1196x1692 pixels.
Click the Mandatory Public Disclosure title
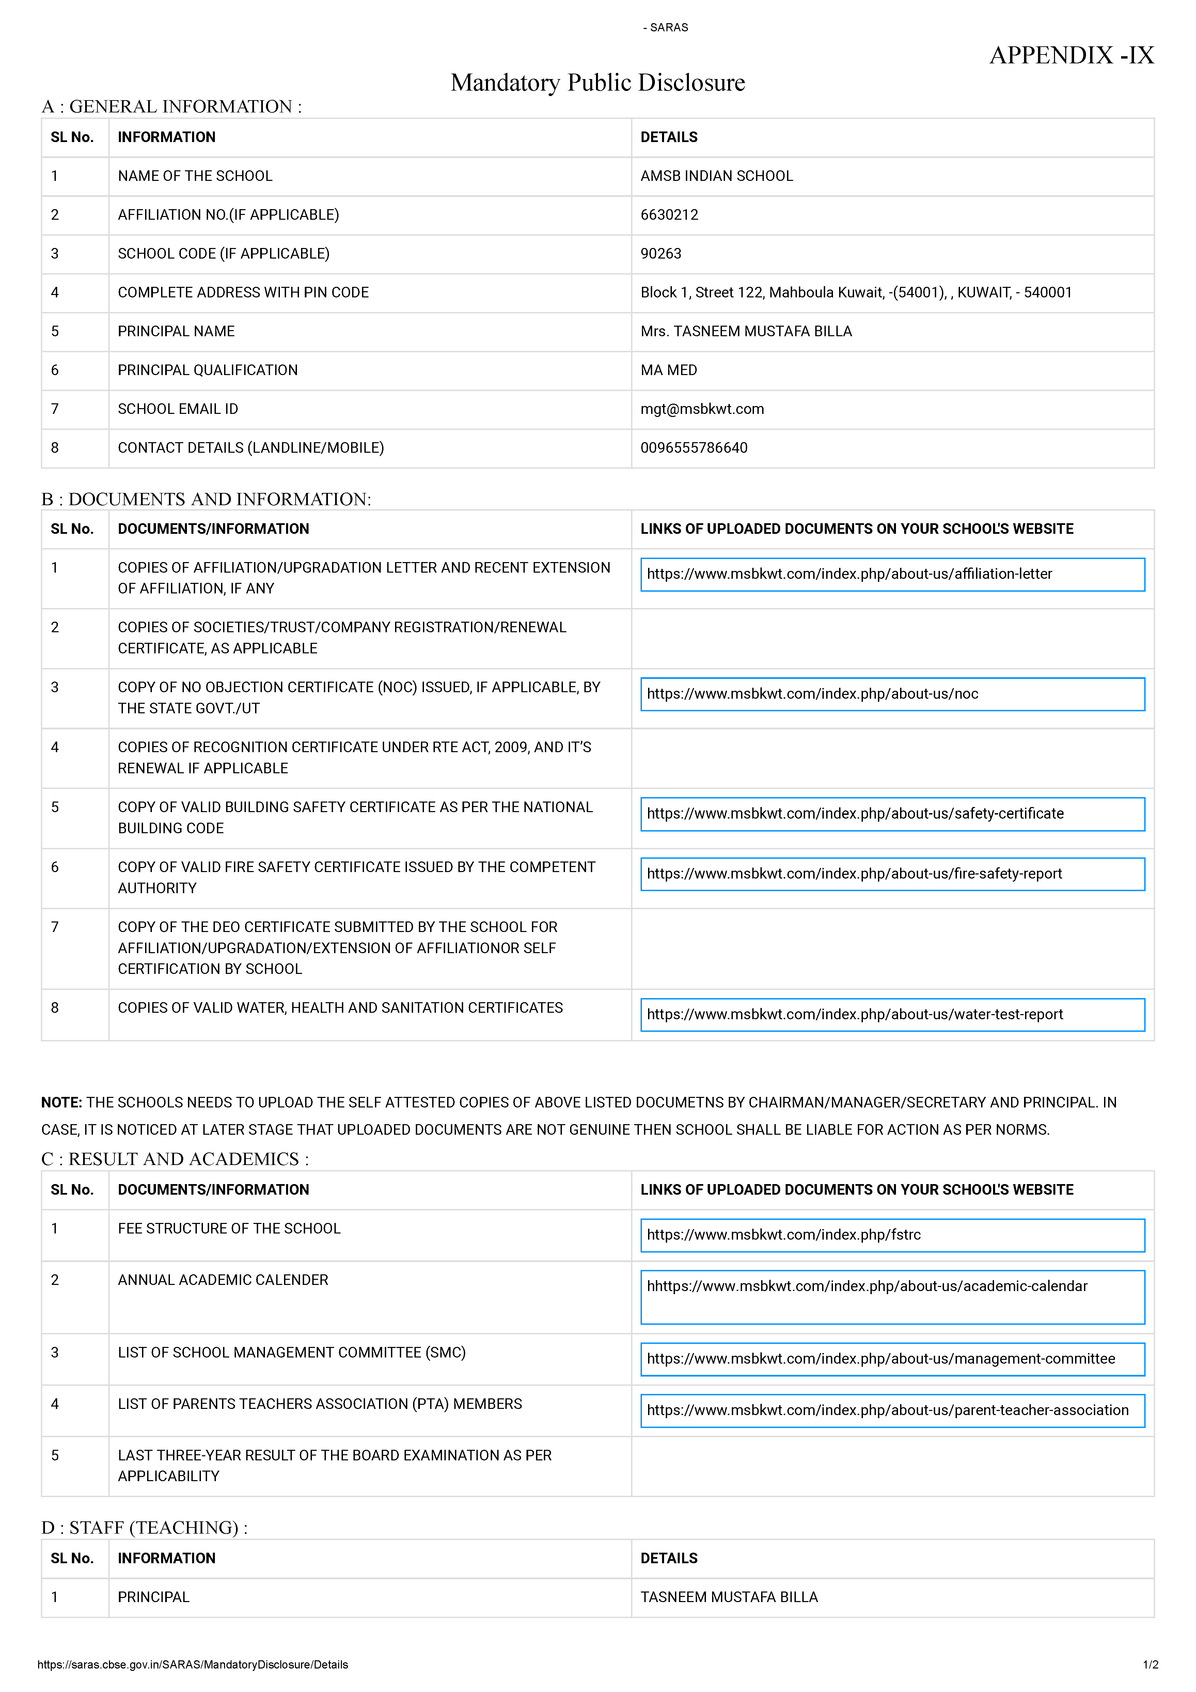pyautogui.click(x=598, y=82)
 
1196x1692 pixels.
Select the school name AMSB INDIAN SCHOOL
pyautogui.click(x=716, y=176)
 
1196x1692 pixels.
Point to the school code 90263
pyautogui.click(x=661, y=253)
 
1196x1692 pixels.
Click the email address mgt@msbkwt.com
pyautogui.click(x=702, y=409)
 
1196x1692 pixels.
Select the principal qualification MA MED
pyautogui.click(x=668, y=370)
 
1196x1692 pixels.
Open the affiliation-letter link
pyautogui.click(x=849, y=574)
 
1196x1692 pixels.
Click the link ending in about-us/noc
pyautogui.click(x=812, y=694)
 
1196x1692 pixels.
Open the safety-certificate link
pyautogui.click(x=855, y=813)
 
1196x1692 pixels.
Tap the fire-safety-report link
pyautogui.click(x=854, y=874)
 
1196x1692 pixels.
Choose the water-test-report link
pyautogui.click(x=855, y=1015)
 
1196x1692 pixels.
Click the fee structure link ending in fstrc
pyautogui.click(x=783, y=1235)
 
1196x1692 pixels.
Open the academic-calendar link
pyautogui.click(x=867, y=1287)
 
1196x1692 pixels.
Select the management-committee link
pyautogui.click(x=881, y=1359)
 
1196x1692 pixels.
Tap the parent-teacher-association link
pyautogui.click(x=887, y=1411)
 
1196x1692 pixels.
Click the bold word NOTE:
pyautogui.click(x=62, y=1102)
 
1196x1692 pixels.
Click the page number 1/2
pyautogui.click(x=1150, y=1665)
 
